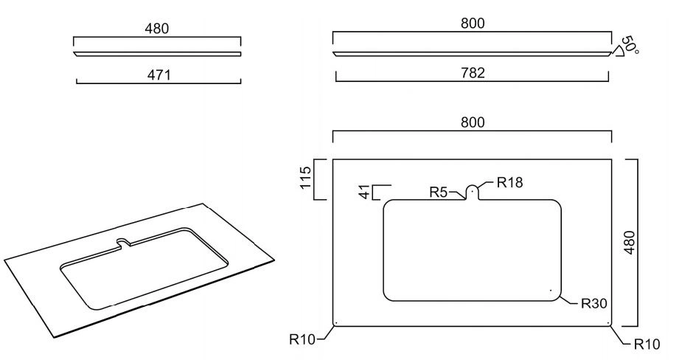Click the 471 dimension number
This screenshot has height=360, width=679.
click(159, 75)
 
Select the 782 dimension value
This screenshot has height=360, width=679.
click(473, 73)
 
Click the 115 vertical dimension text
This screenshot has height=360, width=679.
click(305, 177)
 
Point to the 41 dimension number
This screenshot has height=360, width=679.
click(366, 192)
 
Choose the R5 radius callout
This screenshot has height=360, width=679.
click(438, 192)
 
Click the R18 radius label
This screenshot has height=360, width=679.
click(509, 182)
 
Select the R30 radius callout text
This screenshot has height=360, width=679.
click(593, 303)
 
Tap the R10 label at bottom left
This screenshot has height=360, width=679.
click(302, 339)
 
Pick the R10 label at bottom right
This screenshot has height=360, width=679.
click(647, 345)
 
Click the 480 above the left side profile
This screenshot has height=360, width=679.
click(157, 29)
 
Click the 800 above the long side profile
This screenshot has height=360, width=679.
click(473, 23)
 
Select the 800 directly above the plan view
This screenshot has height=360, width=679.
click(473, 122)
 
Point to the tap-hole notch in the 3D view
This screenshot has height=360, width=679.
click(125, 243)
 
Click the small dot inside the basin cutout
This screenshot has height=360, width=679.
click(551, 290)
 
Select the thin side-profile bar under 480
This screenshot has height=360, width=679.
click(157, 54)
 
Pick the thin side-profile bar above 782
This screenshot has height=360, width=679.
click(472, 54)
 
